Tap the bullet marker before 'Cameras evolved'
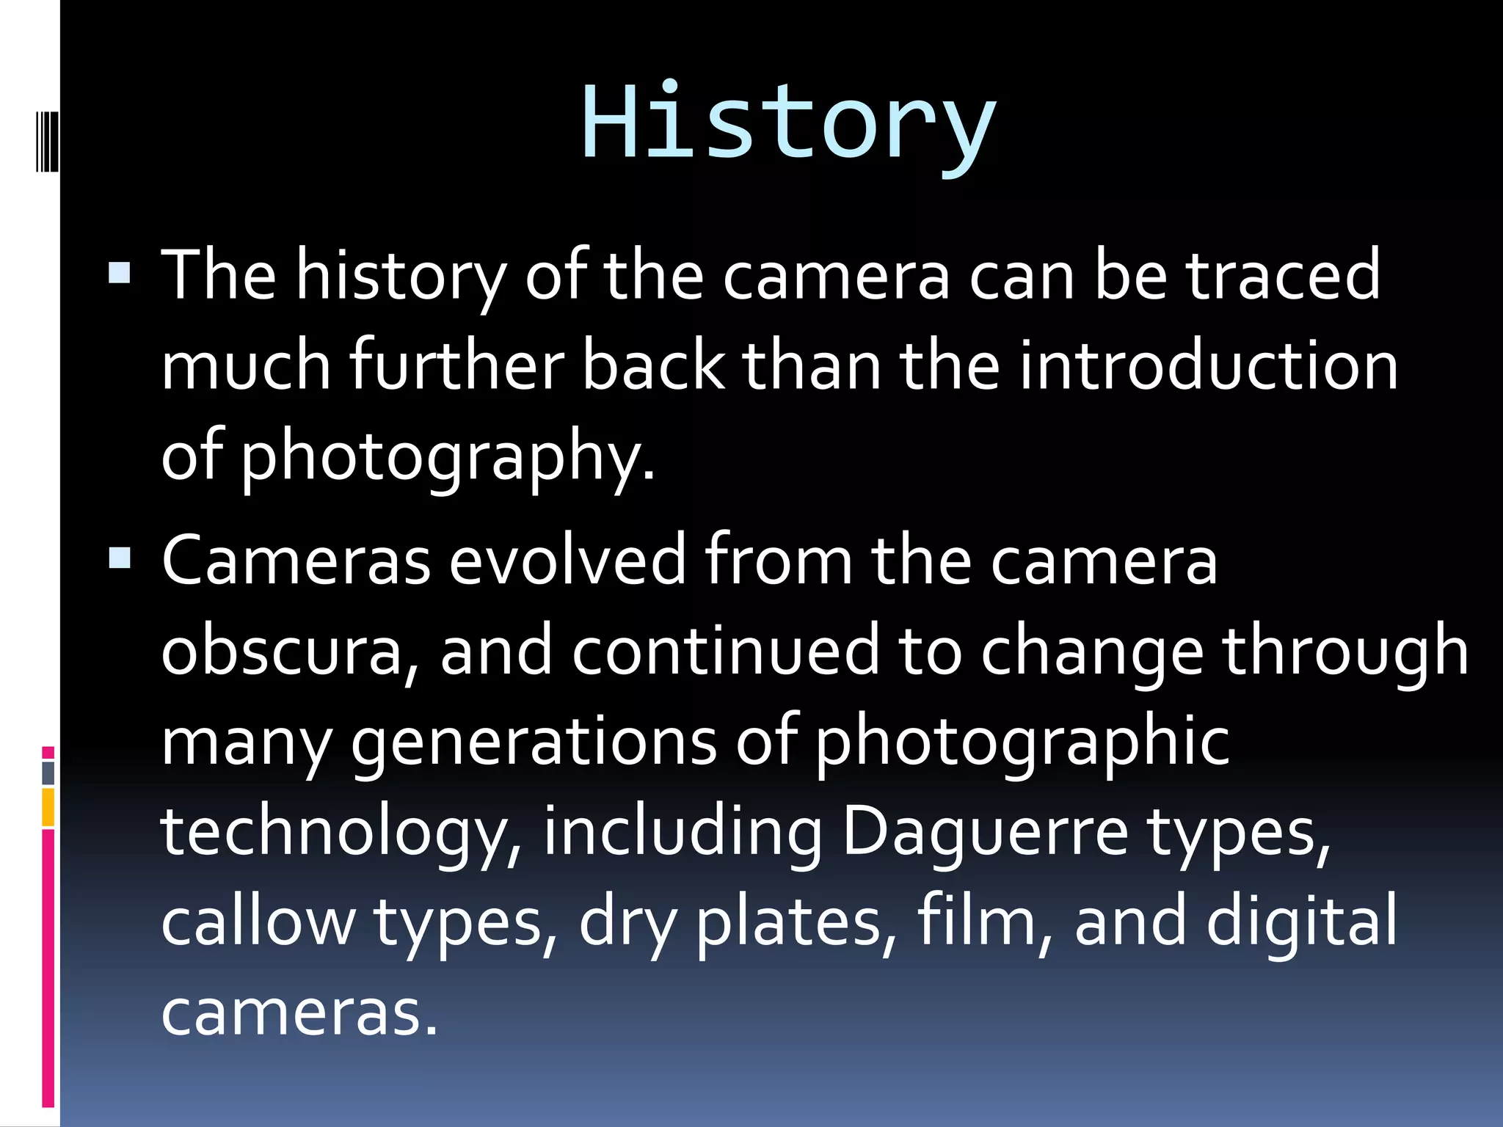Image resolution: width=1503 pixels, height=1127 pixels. click(119, 558)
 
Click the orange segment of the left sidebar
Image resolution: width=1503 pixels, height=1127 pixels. click(48, 807)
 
